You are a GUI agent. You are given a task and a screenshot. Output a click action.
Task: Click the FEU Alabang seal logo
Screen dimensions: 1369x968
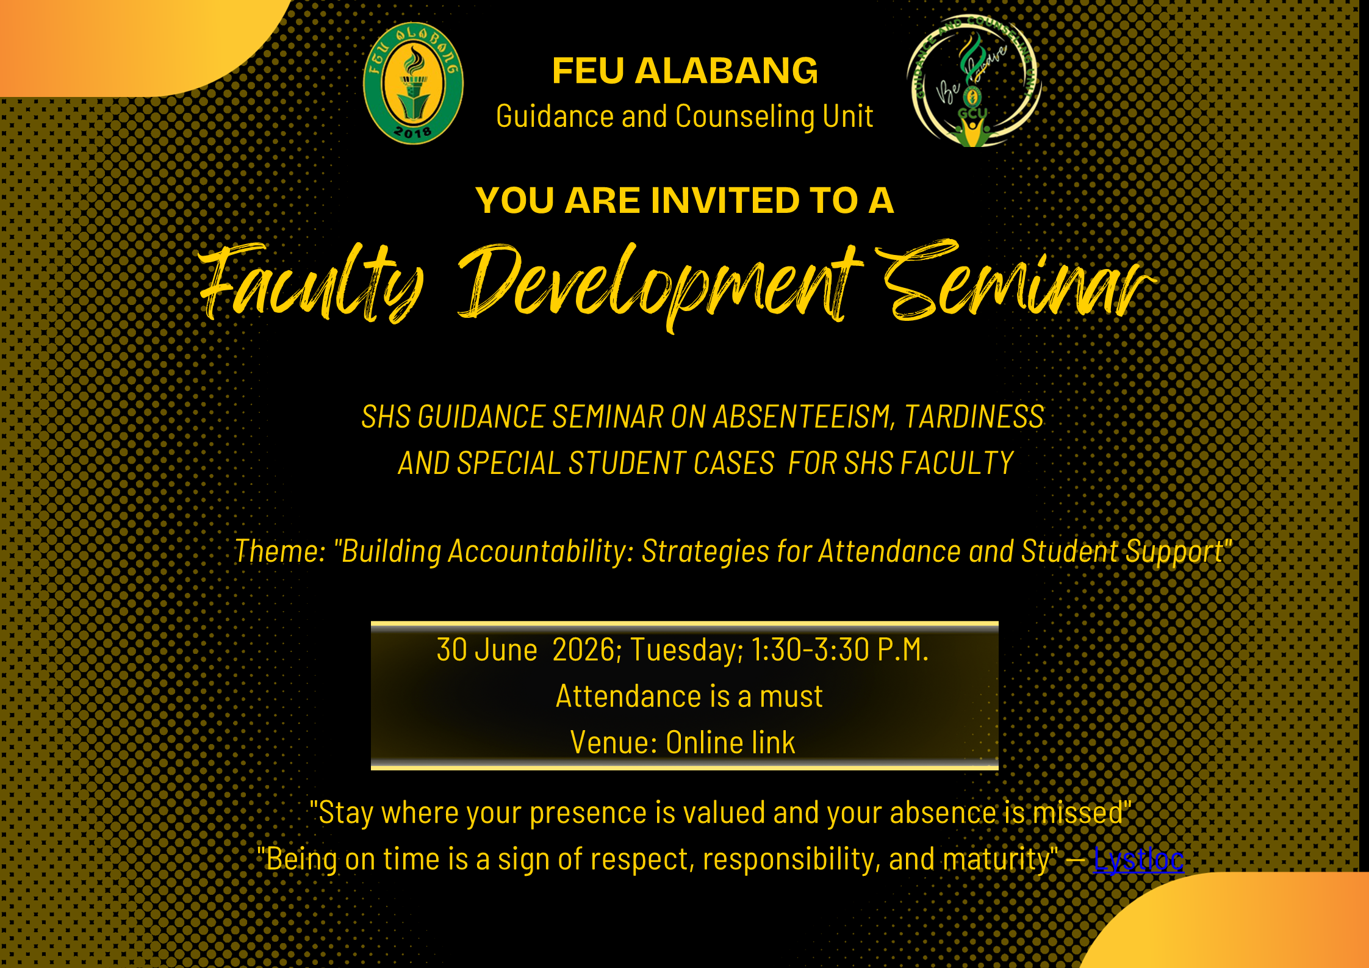pos(413,84)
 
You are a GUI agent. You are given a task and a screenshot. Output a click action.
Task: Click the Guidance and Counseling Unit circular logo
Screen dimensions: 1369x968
pos(974,81)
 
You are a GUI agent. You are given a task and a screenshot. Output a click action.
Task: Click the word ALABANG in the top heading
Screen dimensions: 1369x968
pos(726,71)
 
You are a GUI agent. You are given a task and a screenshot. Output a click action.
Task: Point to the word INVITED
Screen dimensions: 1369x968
pos(725,200)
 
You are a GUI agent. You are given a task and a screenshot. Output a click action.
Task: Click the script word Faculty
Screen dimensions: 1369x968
pos(311,283)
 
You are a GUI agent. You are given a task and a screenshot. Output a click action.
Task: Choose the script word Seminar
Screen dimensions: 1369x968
pos(1016,280)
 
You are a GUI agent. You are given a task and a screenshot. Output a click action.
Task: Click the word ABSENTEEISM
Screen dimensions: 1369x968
pos(804,417)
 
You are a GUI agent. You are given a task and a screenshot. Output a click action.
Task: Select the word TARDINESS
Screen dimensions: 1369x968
pos(974,417)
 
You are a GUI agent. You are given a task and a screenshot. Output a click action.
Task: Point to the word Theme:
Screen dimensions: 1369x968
pos(280,551)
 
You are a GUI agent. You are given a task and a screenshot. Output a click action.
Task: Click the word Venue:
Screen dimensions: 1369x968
pos(613,742)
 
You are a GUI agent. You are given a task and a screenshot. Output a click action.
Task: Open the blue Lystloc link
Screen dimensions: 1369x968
pos(1138,859)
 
